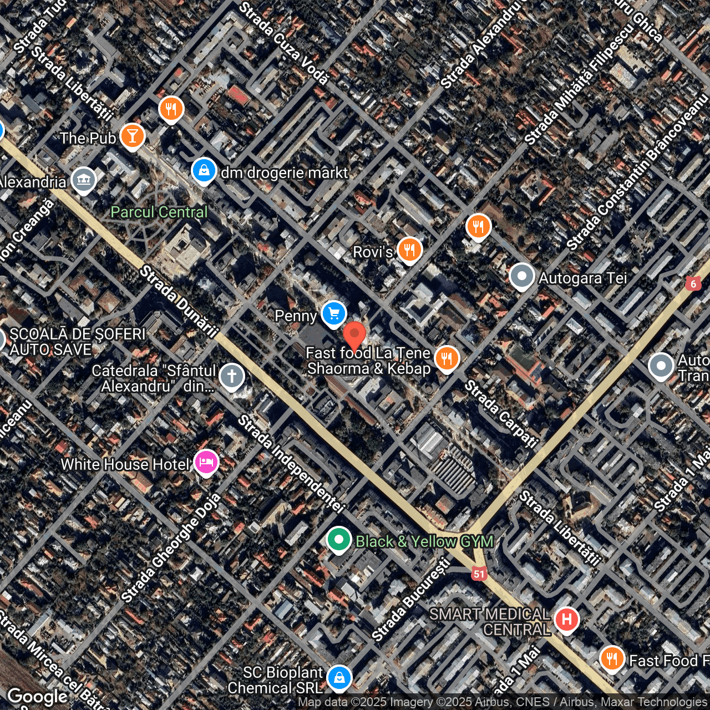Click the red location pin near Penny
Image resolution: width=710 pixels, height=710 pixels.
coord(354,334)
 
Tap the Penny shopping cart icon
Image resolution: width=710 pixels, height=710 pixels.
coord(333,314)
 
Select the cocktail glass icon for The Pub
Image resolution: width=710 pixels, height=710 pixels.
coord(132,135)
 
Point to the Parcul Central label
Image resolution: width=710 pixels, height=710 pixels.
coord(159,212)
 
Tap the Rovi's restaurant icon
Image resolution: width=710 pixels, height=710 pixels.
coord(409,250)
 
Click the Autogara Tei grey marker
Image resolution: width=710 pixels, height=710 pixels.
coord(521,276)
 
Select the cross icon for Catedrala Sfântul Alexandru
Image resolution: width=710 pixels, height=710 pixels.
coord(232,376)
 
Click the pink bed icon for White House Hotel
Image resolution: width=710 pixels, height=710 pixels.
coord(206,462)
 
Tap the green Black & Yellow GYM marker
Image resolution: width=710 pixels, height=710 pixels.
coord(338,539)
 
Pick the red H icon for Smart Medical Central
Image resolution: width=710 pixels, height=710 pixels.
coord(566,618)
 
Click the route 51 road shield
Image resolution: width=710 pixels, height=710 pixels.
coord(479,574)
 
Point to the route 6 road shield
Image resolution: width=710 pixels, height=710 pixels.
coord(693,284)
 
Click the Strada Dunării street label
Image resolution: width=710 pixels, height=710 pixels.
coord(179,301)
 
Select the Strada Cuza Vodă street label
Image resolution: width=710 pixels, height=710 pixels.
coord(284,43)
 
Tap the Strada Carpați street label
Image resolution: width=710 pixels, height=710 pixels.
coord(501,414)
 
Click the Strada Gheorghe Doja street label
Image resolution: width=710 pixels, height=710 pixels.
coord(171,548)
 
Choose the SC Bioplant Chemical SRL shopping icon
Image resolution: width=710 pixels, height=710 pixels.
coord(339,678)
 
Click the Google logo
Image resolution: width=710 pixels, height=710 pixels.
coord(38,697)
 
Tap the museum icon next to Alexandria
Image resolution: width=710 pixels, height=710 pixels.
coord(84,180)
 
